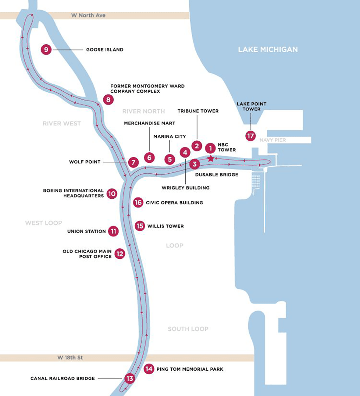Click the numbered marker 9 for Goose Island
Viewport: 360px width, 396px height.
coord(46,50)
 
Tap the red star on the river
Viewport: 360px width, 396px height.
coord(211,158)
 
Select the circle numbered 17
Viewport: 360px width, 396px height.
coord(250,136)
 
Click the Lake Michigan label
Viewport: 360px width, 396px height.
coord(268,49)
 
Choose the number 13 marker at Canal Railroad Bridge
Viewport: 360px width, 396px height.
coord(130,378)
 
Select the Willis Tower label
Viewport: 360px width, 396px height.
coord(166,226)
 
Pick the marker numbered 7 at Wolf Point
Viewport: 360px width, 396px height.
coord(133,162)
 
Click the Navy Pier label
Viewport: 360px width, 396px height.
coord(273,140)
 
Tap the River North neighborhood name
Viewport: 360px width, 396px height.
coord(143,111)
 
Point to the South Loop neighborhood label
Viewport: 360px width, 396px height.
coord(188,329)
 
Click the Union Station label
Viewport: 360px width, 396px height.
coord(86,231)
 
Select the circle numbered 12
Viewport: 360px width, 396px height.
coord(120,254)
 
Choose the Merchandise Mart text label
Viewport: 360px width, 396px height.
coord(149,123)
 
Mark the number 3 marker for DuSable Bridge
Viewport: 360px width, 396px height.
coord(194,164)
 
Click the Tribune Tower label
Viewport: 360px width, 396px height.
coord(198,111)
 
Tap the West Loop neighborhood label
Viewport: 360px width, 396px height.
coord(44,223)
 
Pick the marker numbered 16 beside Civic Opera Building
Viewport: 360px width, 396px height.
coord(138,202)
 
